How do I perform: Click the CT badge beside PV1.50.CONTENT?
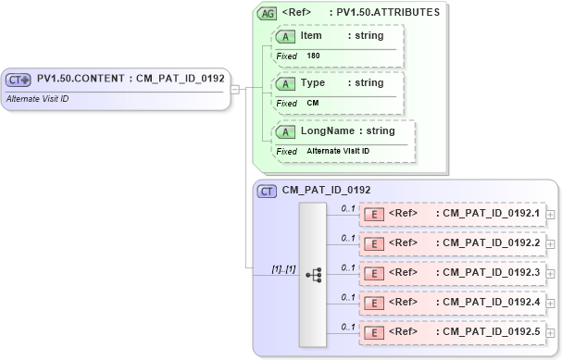[19, 79]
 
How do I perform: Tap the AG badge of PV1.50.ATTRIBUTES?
[267, 13]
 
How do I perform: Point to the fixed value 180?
[313, 56]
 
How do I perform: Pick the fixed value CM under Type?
[312, 103]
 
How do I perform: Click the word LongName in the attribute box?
[327, 131]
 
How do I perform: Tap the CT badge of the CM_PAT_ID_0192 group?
[267, 192]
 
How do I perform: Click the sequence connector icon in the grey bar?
[313, 275]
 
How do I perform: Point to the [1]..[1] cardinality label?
[283, 269]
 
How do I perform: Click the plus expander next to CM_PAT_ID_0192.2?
[551, 243]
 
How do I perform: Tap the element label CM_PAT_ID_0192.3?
[488, 273]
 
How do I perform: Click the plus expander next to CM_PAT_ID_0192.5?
[551, 332]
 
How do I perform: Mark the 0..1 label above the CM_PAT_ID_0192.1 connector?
[348, 208]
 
